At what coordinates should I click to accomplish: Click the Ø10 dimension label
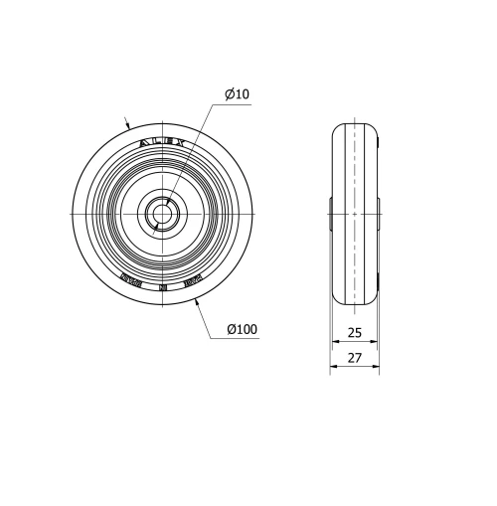[237, 94]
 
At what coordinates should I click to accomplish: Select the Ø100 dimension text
[242, 329]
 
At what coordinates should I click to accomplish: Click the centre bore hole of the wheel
[159, 213]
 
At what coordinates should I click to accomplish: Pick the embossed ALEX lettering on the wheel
[162, 142]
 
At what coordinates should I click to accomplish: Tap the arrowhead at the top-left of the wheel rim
[128, 127]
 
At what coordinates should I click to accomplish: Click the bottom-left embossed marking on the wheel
[130, 280]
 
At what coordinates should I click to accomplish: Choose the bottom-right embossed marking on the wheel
[193, 281]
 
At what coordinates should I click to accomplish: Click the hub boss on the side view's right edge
[379, 213]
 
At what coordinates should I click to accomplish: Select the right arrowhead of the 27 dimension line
[375, 366]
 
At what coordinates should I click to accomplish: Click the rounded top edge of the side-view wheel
[355, 124]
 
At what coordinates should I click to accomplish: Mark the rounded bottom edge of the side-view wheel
[355, 302]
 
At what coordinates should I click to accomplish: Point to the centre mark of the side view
[355, 213]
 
